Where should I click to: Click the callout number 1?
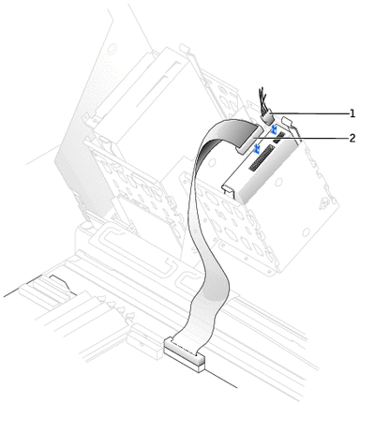click(352, 113)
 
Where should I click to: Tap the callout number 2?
click(352, 138)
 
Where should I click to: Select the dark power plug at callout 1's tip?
click(267, 118)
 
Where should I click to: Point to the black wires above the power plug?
click(262, 98)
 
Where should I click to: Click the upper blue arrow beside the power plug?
click(274, 128)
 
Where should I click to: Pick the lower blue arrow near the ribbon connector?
click(257, 149)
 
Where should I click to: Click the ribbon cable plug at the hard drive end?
click(250, 139)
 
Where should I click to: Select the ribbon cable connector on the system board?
click(185, 354)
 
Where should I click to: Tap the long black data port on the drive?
click(262, 157)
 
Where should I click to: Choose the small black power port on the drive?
click(279, 138)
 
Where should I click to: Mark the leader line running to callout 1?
click(310, 113)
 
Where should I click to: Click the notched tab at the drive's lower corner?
click(228, 190)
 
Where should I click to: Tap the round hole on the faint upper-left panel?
click(112, 48)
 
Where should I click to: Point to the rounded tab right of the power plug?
click(288, 121)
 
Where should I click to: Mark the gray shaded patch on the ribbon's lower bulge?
click(216, 288)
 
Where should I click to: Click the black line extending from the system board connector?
click(220, 379)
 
